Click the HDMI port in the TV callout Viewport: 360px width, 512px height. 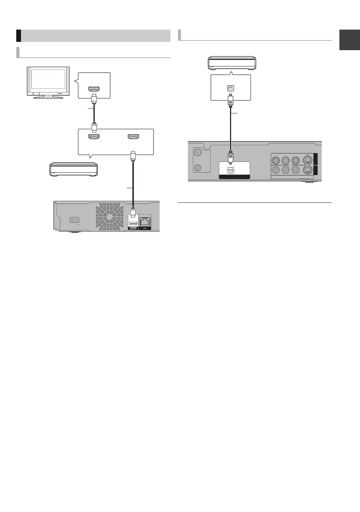(x=94, y=89)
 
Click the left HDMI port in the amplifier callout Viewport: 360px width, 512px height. (x=94, y=137)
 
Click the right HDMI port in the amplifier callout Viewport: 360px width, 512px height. (x=133, y=137)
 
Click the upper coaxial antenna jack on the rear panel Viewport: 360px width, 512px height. (x=198, y=153)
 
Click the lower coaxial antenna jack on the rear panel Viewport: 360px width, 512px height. (x=198, y=168)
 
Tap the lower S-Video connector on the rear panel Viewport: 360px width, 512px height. (x=308, y=170)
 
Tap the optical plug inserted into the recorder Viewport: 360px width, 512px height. (x=231, y=156)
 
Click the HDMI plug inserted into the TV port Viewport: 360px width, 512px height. (x=94, y=97)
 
